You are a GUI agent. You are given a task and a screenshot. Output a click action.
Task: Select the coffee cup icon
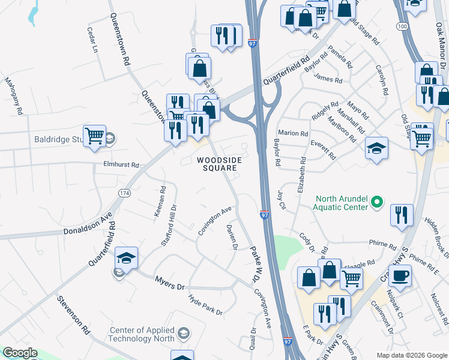400,275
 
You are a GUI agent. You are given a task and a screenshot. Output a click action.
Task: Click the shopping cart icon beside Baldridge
94,136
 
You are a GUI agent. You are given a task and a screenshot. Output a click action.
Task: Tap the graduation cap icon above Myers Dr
126,258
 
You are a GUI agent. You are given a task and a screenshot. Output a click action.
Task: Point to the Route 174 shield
124,193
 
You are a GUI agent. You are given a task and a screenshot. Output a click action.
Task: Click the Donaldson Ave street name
88,228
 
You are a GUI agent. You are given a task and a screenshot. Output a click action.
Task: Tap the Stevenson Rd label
73,314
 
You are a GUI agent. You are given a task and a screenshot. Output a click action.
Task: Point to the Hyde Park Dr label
205,304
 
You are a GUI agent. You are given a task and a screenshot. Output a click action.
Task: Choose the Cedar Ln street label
92,39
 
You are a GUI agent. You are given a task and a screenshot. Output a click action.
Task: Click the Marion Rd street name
293,133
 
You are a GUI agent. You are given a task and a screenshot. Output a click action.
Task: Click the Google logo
20,353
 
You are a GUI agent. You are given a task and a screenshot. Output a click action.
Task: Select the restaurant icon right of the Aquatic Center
401,215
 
